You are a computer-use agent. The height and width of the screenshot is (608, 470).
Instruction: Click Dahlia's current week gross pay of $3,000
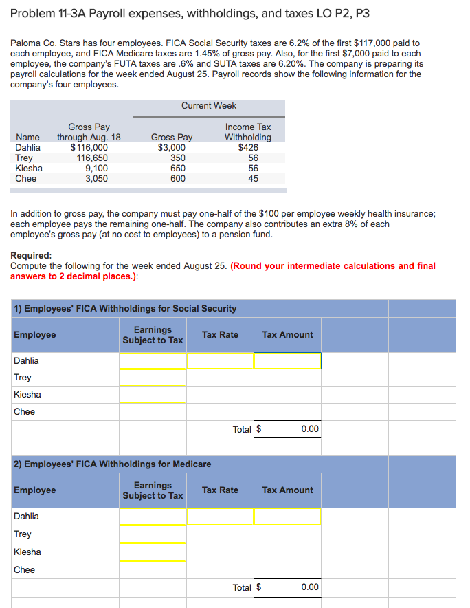(x=171, y=147)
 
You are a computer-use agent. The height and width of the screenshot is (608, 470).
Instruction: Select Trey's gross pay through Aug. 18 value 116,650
(x=91, y=158)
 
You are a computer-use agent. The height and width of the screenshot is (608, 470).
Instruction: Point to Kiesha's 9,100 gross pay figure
(x=96, y=168)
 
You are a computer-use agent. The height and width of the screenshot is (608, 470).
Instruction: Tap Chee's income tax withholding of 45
(x=254, y=178)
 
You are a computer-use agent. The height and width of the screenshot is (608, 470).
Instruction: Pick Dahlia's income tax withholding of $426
(x=248, y=147)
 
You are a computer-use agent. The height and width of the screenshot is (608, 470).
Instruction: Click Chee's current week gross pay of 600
(x=177, y=178)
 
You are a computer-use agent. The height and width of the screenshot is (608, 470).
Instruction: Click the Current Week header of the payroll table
(x=209, y=106)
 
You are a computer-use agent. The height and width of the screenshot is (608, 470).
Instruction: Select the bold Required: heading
(x=31, y=255)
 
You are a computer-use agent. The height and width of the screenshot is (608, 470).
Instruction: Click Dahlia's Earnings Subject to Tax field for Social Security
(x=153, y=360)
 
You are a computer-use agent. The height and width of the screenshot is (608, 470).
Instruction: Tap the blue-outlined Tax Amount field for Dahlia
(x=287, y=360)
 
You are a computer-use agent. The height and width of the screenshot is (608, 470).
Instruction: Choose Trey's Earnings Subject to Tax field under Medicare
(x=153, y=534)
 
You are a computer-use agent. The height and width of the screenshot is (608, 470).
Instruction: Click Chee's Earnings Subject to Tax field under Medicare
(x=153, y=569)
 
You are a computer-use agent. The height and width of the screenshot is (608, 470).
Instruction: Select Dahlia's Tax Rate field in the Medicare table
(x=220, y=517)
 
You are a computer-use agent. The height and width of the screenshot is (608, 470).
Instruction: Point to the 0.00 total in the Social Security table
(x=309, y=429)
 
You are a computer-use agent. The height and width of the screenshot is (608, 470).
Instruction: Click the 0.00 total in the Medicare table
(x=309, y=587)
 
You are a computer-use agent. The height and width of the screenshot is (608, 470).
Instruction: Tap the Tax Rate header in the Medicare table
(x=220, y=490)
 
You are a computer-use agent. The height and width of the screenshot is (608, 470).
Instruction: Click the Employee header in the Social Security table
(x=35, y=335)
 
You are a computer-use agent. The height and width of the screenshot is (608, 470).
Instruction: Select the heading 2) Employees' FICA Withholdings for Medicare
(x=113, y=464)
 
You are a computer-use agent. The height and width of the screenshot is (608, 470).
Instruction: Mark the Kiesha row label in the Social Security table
(x=27, y=395)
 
